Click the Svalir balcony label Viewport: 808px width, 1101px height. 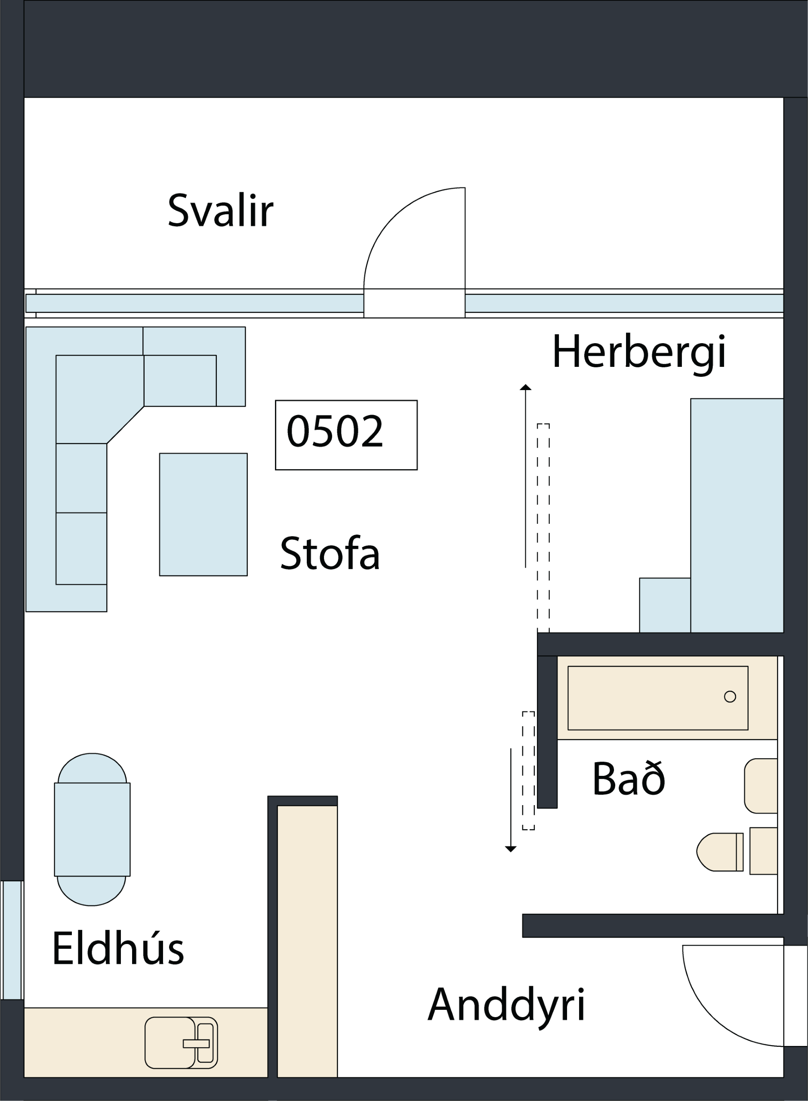coord(220,210)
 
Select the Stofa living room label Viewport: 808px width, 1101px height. coord(330,554)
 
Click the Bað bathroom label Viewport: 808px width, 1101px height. coord(629,778)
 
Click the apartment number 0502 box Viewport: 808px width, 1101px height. coord(346,435)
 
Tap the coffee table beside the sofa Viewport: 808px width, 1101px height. coord(204,514)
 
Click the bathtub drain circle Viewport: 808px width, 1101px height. coord(730,697)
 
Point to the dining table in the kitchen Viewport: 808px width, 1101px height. coord(93,830)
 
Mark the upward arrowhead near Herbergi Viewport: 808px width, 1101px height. coord(525,387)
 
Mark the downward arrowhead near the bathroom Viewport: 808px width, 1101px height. coord(511,849)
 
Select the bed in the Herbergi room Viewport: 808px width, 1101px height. coord(737,516)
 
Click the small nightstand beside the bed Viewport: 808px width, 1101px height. coord(665,605)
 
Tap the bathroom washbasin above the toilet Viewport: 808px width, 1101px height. coord(761,786)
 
